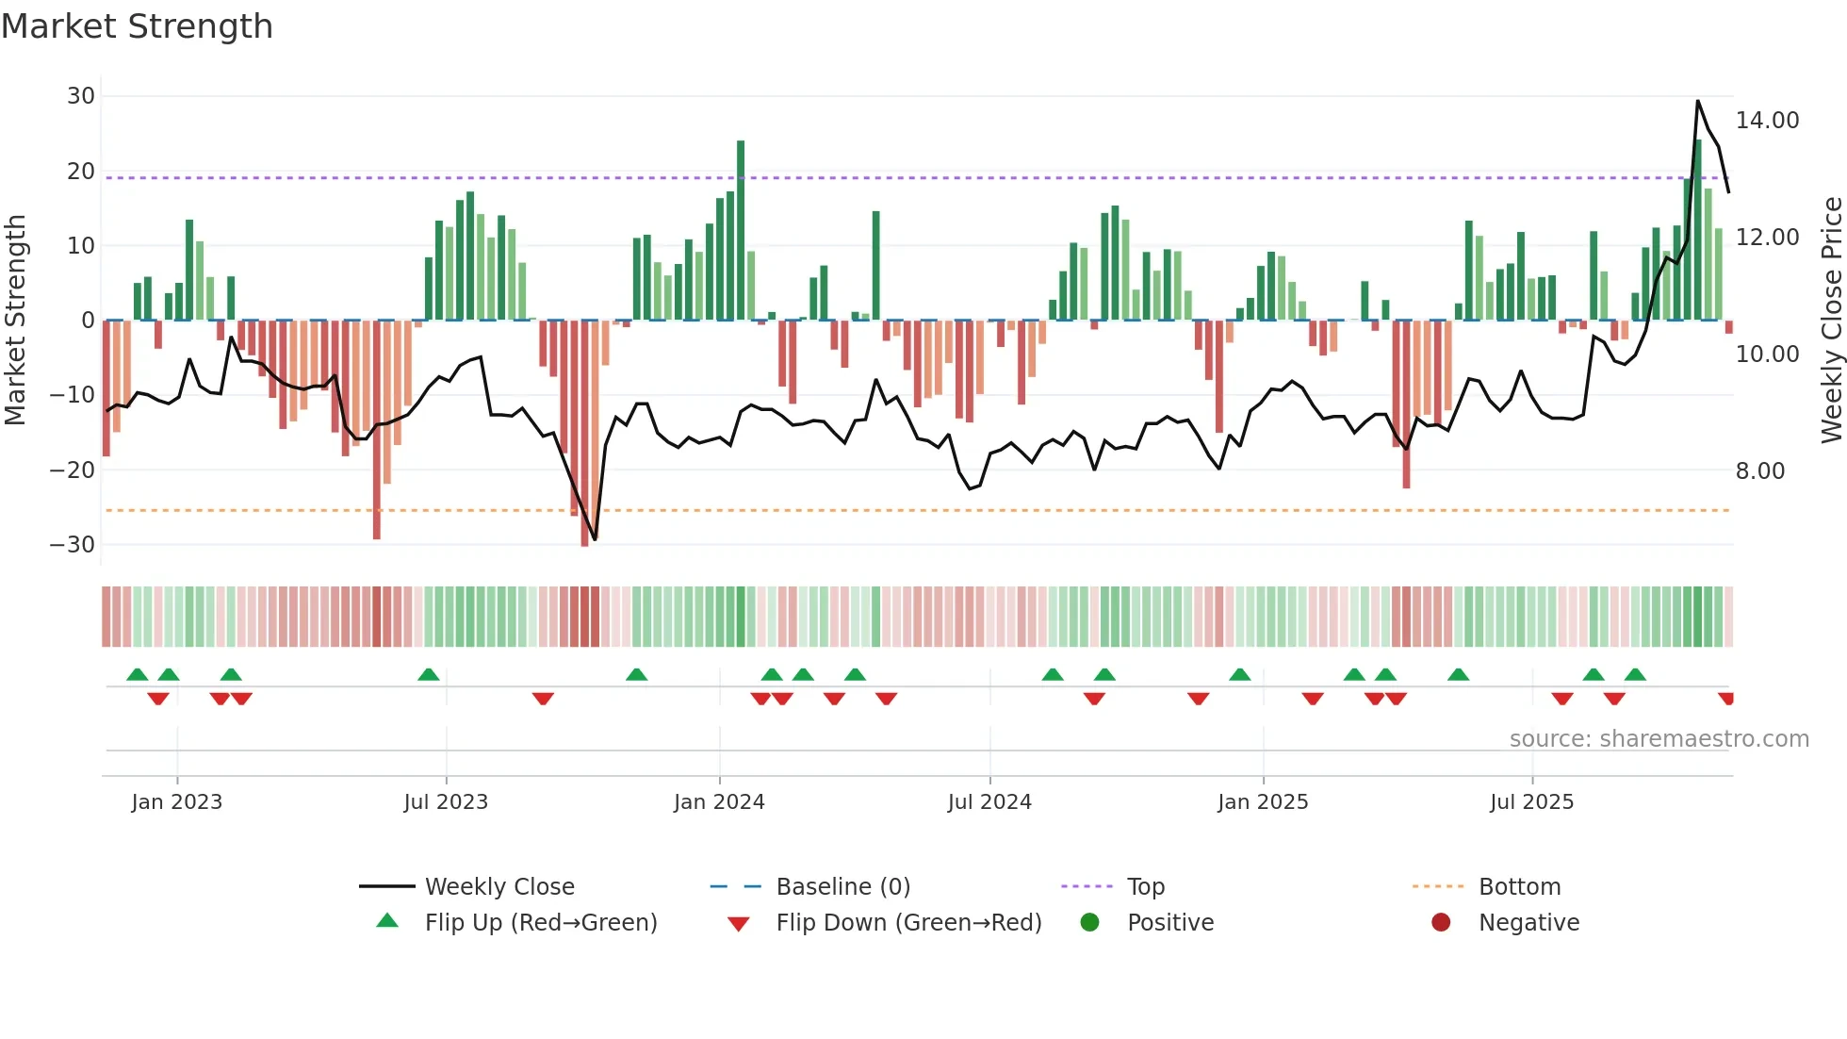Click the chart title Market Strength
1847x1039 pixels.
pyautogui.click(x=137, y=26)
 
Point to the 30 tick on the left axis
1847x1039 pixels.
pyautogui.click(x=81, y=96)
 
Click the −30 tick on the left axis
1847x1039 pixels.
pyautogui.click(x=74, y=545)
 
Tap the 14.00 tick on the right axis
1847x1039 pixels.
pyautogui.click(x=1767, y=121)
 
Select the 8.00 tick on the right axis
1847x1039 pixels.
pyautogui.click(x=1759, y=471)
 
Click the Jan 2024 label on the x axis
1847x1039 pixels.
pyautogui.click(x=719, y=802)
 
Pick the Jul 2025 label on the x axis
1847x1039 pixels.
pyautogui.click(x=1531, y=802)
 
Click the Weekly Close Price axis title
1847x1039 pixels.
pyautogui.click(x=1831, y=321)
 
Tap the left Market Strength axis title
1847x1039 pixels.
pyautogui.click(x=15, y=321)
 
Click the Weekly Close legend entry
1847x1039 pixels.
pyautogui.click(x=499, y=887)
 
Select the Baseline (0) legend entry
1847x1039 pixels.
pyautogui.click(x=842, y=887)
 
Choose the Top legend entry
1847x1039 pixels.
pyautogui.click(x=1145, y=887)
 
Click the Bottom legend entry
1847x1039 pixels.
pyautogui.click(x=1519, y=887)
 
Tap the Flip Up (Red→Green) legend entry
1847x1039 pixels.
pyautogui.click(x=540, y=923)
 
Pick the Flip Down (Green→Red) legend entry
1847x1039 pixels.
pyautogui.click(x=908, y=923)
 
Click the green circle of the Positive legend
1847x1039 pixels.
pyautogui.click(x=1089, y=923)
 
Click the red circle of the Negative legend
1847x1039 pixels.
pyautogui.click(x=1441, y=923)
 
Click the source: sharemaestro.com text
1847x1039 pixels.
pyautogui.click(x=1659, y=739)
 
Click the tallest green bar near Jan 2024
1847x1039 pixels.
pyautogui.click(x=741, y=231)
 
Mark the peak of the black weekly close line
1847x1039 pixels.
pyautogui.click(x=1698, y=101)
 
